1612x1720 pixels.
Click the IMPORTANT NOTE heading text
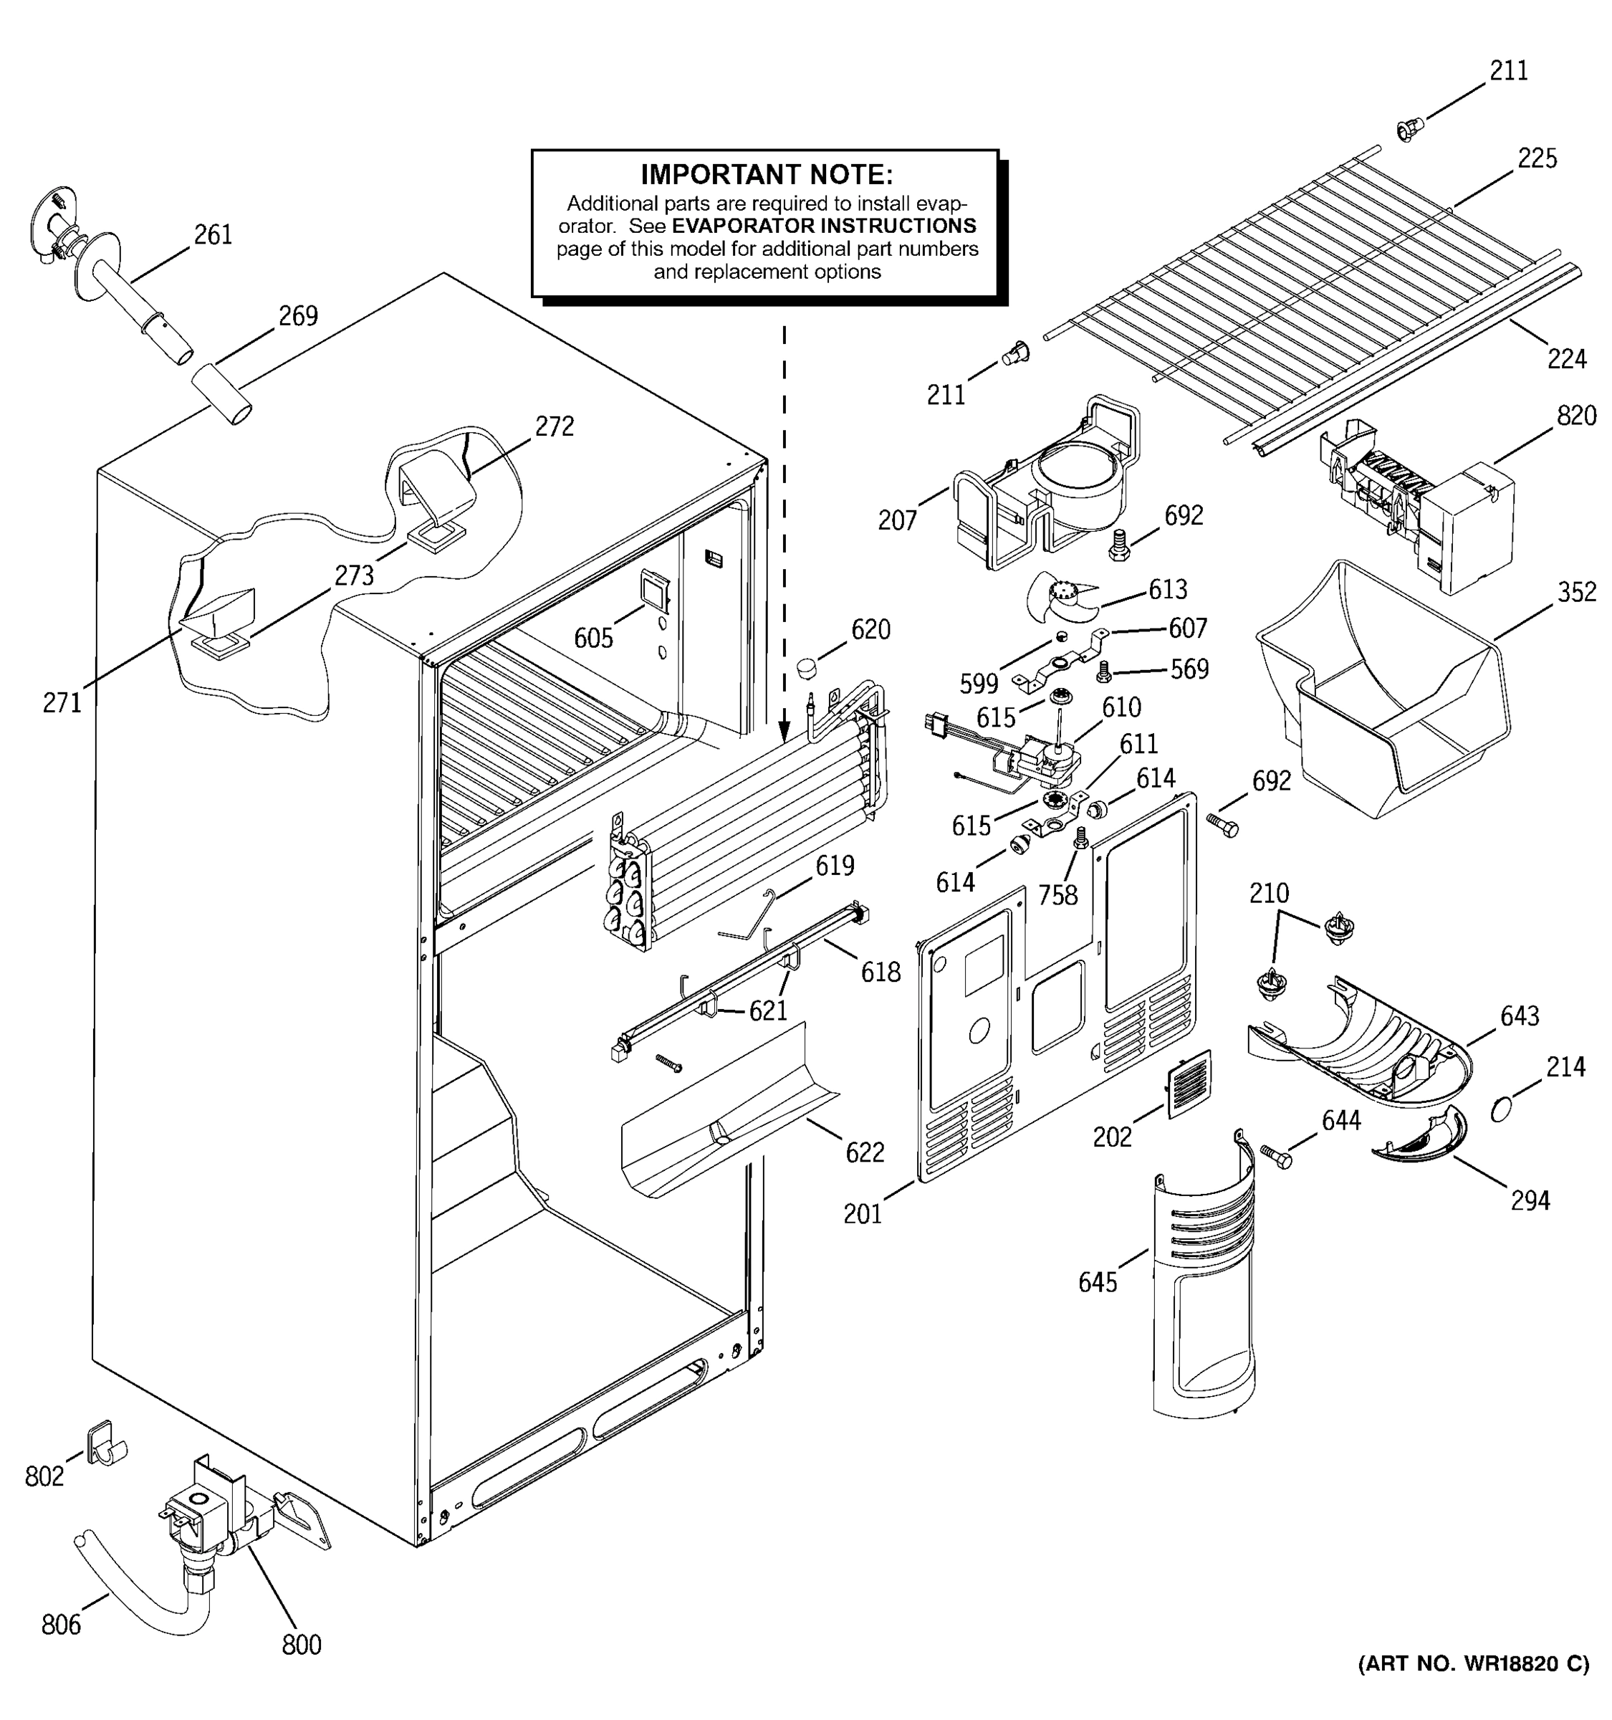click(x=766, y=175)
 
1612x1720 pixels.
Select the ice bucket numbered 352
click(x=1383, y=692)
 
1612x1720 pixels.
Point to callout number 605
click(x=593, y=639)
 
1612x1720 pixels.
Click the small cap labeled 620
click(x=806, y=668)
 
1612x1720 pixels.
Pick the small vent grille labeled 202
click(x=1189, y=1083)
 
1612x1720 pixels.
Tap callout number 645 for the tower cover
click(x=1098, y=1282)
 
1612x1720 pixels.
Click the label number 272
click(x=554, y=426)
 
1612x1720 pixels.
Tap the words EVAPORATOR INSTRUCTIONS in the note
click(x=823, y=226)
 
